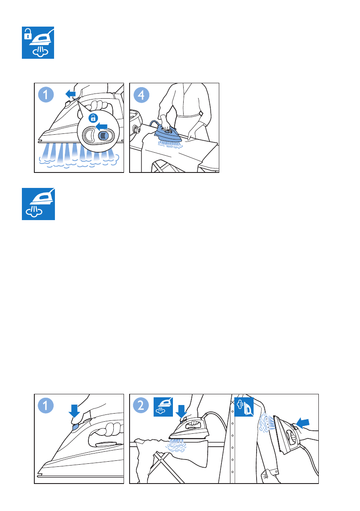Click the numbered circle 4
(x=142, y=95)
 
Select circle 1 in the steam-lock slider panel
(x=46, y=95)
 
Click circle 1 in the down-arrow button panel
(x=46, y=406)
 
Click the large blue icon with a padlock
(x=38, y=43)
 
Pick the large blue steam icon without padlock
(x=38, y=204)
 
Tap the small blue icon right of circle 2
(x=163, y=407)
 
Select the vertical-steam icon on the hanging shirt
(x=244, y=407)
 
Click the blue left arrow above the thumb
(x=71, y=94)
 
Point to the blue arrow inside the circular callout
(x=102, y=126)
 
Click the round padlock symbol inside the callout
(x=93, y=118)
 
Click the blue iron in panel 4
(x=167, y=132)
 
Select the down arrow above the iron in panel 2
(x=181, y=411)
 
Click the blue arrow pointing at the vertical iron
(x=303, y=423)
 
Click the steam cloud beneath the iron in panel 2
(x=176, y=445)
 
